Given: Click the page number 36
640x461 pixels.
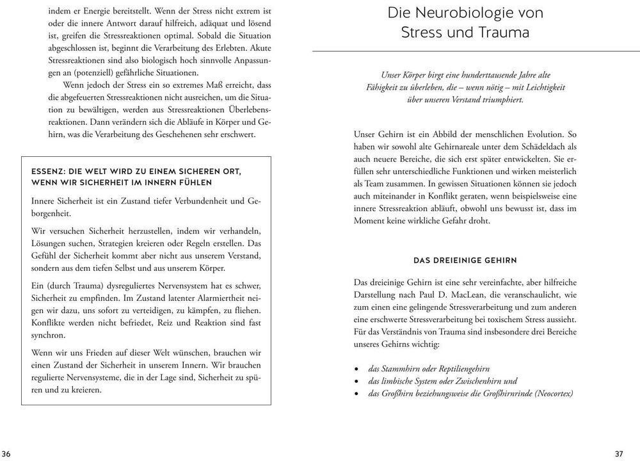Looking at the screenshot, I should [6, 454].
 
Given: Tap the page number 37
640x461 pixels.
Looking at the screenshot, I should [619, 454].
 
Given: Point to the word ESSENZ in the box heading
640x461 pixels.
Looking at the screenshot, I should [48, 172].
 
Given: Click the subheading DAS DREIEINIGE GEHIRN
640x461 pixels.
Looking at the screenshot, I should [465, 261].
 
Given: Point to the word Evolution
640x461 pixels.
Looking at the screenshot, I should [536, 135].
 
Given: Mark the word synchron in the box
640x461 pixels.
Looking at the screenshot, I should [48, 334].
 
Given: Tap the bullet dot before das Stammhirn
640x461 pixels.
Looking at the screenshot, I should [356, 369].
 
